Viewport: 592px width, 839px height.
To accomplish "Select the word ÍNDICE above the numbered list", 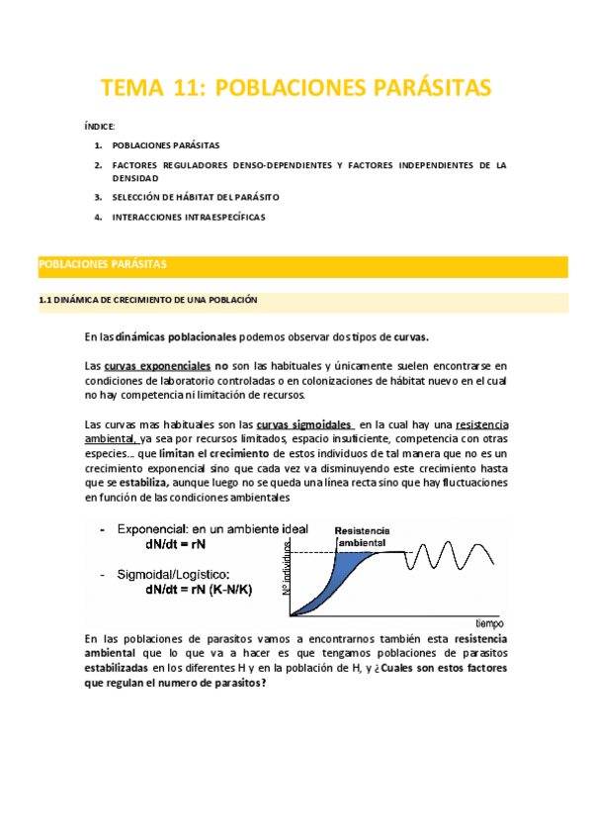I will (100, 127).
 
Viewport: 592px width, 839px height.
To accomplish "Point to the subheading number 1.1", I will (43, 300).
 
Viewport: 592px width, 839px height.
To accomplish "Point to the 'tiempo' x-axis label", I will (488, 623).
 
